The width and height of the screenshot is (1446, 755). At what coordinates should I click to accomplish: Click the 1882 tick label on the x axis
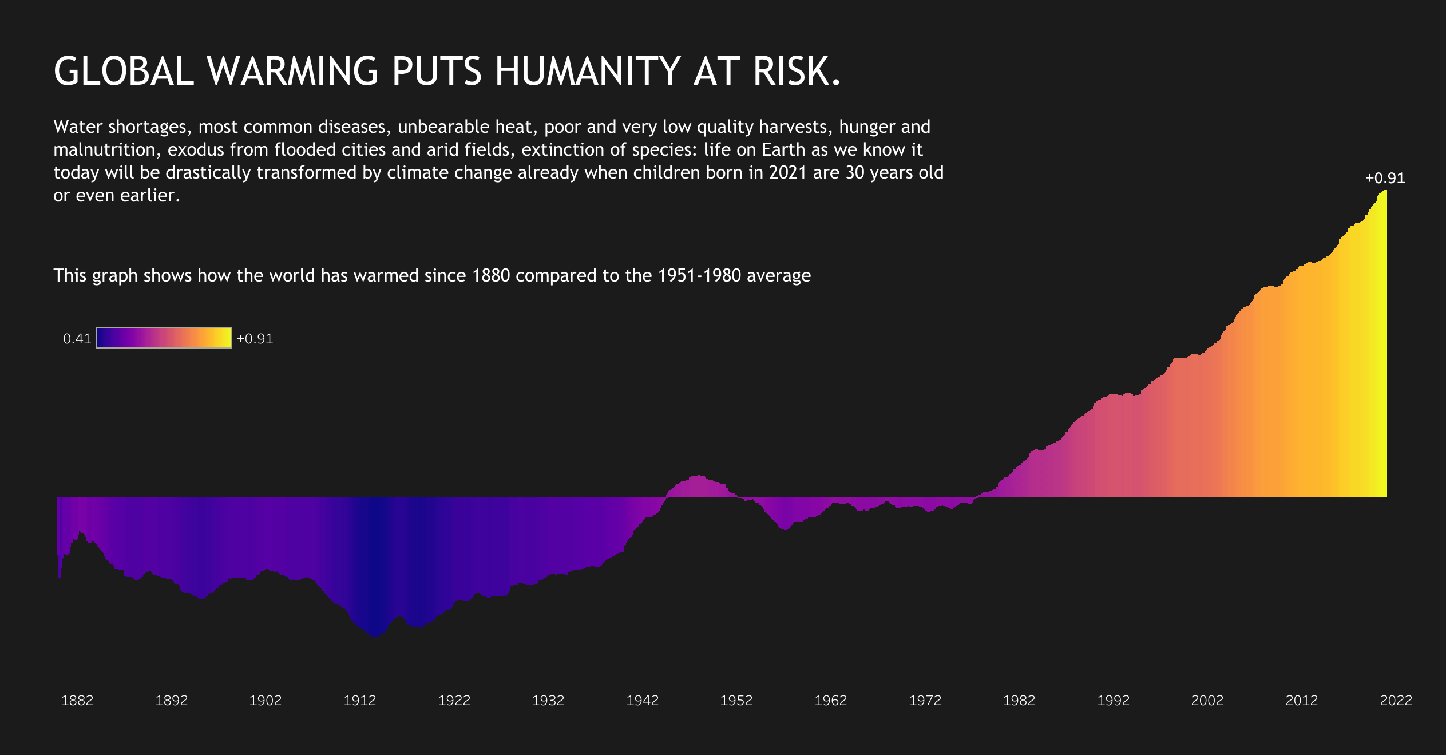coord(77,701)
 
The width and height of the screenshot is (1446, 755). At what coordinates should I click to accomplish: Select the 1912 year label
coord(360,701)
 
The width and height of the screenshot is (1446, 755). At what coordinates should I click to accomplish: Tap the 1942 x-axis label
coord(643,701)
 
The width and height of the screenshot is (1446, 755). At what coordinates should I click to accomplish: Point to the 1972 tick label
coord(925,701)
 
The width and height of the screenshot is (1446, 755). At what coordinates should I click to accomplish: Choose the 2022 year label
coord(1396,701)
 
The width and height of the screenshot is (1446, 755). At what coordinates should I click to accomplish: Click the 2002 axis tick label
coord(1207,701)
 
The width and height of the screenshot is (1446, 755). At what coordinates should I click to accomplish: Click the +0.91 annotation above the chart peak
coord(1385,179)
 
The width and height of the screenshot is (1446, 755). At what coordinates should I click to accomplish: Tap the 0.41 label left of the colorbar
coord(77,339)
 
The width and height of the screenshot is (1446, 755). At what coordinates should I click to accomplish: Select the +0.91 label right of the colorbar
coord(255,339)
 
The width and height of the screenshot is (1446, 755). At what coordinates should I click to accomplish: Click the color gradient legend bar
coord(164,338)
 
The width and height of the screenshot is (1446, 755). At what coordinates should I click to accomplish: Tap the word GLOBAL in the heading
coord(124,72)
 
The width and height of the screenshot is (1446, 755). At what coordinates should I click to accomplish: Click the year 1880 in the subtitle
coord(490,276)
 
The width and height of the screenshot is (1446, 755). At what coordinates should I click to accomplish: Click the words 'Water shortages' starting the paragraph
coord(120,127)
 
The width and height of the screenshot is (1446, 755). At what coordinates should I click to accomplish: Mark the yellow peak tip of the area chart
coord(1384,192)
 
